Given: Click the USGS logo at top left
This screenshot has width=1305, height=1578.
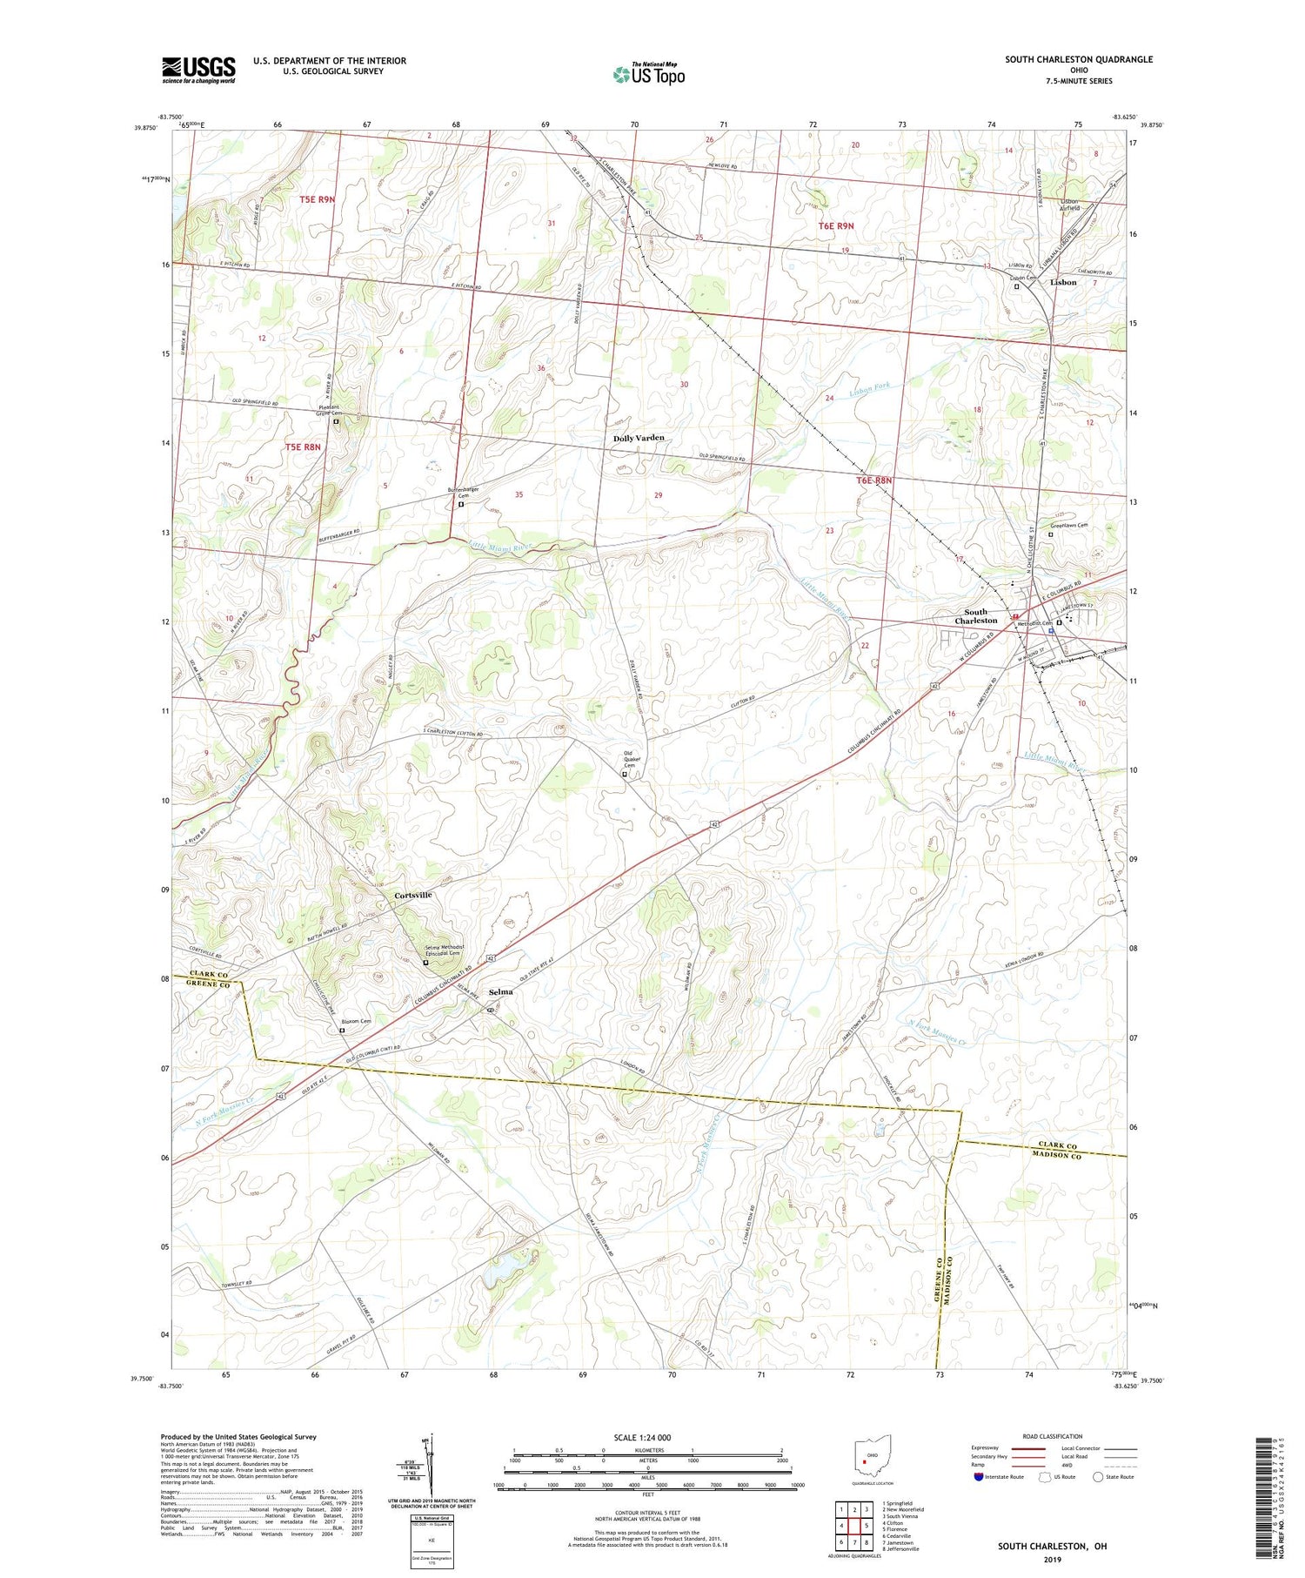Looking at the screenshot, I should (x=198, y=70).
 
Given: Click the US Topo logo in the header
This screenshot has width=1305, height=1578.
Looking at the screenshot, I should (x=649, y=75).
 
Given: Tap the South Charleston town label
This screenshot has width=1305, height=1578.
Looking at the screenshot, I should (x=975, y=616).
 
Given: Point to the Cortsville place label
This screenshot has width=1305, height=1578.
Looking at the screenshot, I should (x=412, y=895).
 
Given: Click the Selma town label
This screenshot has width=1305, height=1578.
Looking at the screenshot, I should (x=500, y=991).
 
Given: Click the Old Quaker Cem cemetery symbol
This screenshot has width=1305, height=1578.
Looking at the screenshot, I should (x=624, y=774).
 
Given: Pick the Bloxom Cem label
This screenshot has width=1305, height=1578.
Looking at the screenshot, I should (x=356, y=1021).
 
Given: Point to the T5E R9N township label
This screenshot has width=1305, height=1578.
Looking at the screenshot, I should (x=317, y=199).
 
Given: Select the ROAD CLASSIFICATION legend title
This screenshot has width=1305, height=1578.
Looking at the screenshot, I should (x=1053, y=1436).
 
